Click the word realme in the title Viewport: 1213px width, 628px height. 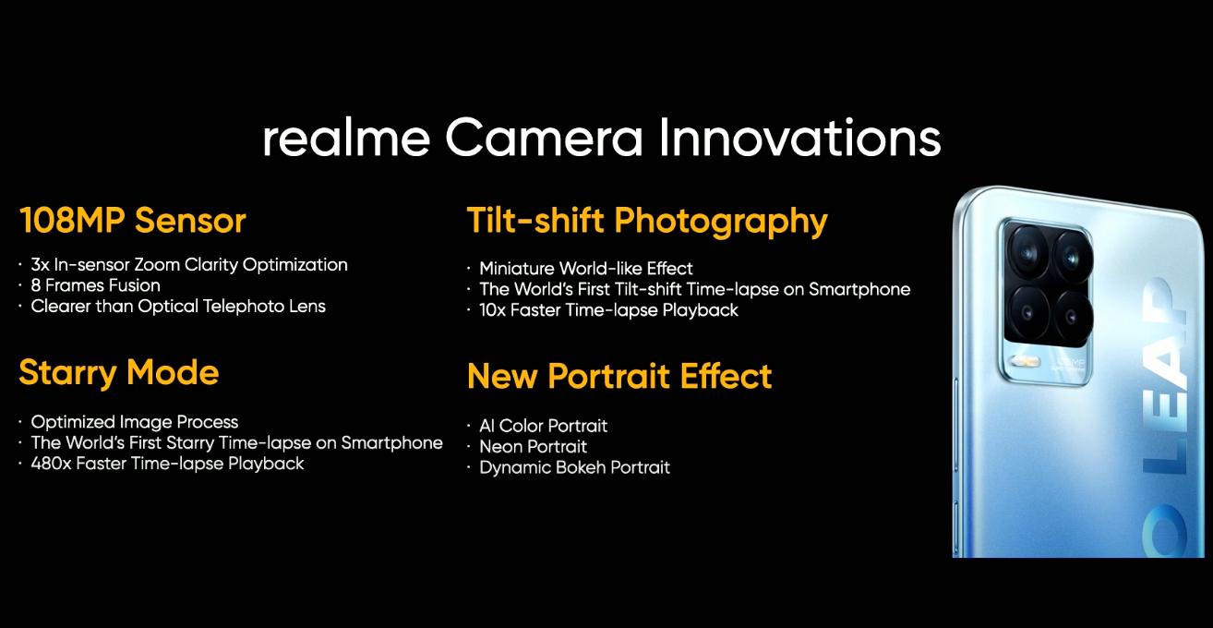pos(346,139)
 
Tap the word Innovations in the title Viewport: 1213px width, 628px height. pos(799,138)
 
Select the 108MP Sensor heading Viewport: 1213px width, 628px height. pos(133,221)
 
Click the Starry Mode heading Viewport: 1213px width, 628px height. pos(118,373)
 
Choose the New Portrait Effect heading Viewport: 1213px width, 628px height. pos(619,376)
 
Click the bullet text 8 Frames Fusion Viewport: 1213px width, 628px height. pos(95,285)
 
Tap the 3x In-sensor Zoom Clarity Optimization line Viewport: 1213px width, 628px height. pos(189,265)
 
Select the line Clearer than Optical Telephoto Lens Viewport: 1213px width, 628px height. pos(178,307)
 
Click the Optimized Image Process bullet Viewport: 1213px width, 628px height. pos(134,422)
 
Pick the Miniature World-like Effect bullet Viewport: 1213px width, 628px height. pos(586,269)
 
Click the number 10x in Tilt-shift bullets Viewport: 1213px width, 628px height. pos(492,310)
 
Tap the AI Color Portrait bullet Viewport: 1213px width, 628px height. pos(543,426)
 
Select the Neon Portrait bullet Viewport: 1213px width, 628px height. pos(534,447)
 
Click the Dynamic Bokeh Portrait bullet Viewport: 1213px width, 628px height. pos(574,467)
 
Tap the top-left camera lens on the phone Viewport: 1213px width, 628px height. pos(1027,252)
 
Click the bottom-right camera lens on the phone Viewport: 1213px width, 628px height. pos(1072,317)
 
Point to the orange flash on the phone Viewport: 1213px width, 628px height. pos(1025,361)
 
